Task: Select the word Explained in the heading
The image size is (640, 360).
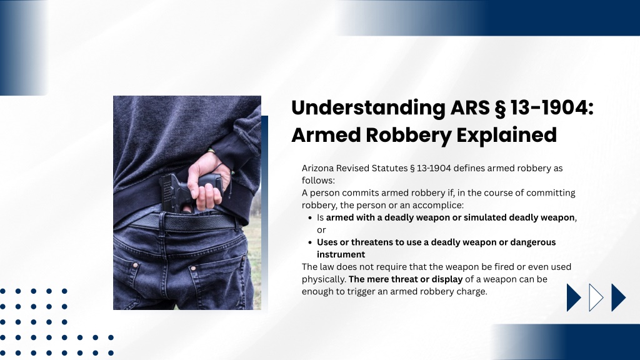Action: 506,135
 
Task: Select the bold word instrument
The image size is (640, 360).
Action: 341,254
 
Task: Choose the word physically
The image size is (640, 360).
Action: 324,279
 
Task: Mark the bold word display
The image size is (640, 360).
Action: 447,279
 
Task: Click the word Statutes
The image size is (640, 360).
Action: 389,168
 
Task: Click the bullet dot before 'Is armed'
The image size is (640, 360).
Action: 310,218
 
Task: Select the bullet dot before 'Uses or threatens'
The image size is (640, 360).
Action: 310,242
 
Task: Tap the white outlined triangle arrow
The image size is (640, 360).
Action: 596,297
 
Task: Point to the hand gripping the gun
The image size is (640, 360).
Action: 207,182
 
